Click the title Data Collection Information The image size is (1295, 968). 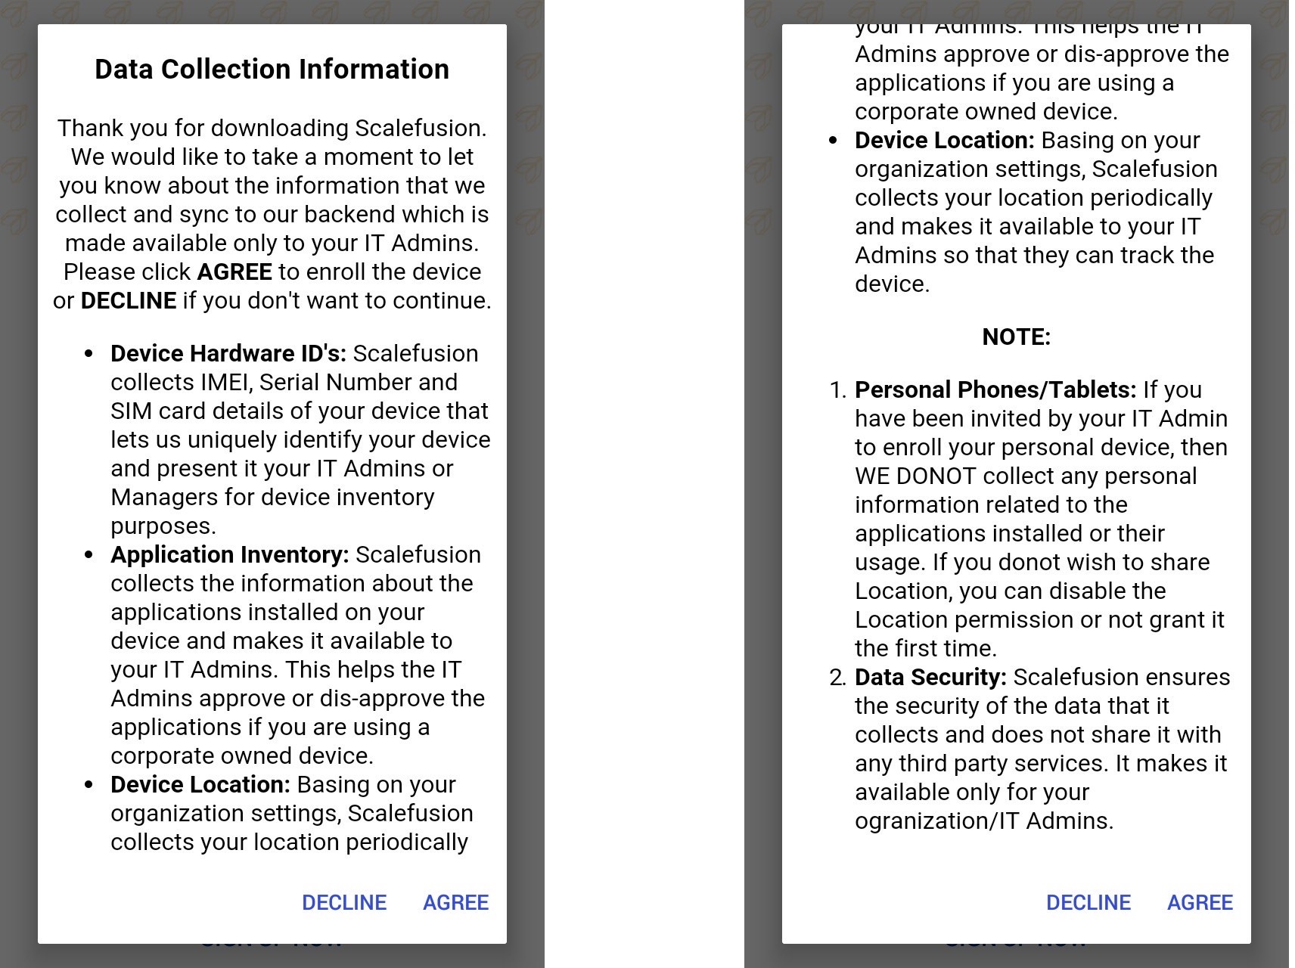pos(272,69)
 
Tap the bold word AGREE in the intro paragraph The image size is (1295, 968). pos(234,271)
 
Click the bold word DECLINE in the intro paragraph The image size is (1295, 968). pos(129,300)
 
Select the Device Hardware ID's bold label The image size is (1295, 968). pos(228,353)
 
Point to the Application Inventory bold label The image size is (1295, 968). pos(230,554)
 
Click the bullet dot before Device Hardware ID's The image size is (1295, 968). pos(90,354)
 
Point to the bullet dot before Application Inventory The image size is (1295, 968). pos(90,555)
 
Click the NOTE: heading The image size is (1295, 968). pos(1016,337)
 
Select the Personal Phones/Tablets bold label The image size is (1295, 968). pos(995,389)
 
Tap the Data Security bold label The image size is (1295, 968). pos(930,677)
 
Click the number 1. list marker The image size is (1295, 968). pos(837,390)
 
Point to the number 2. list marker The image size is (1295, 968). pos(837,678)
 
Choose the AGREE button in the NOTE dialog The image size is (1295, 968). pos(1200,902)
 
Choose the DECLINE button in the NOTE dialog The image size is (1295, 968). pos(1088,902)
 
